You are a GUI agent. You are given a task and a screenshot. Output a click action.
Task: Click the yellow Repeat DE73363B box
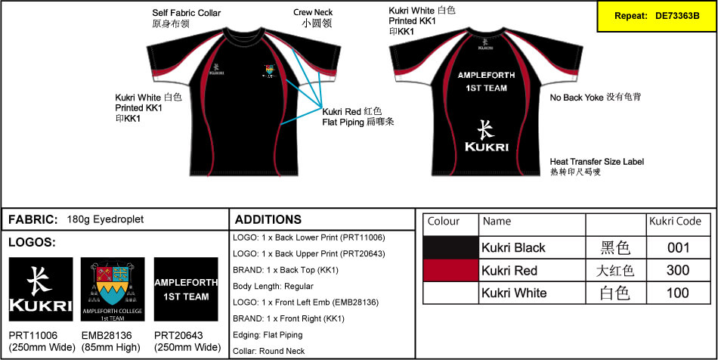tap(656, 16)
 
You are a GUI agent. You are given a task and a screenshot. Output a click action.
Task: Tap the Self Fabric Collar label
tap(186, 18)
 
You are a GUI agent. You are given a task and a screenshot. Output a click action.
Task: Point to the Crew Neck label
tap(313, 18)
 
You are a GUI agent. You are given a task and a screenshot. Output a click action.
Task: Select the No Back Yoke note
tap(596, 98)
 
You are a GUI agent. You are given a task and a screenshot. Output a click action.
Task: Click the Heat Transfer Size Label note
tap(597, 167)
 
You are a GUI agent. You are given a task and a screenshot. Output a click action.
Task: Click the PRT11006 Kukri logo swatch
tap(41, 289)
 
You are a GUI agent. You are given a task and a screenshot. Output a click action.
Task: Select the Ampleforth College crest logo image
tap(113, 289)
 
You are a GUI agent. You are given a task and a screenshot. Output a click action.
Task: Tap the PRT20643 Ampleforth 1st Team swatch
tap(186, 289)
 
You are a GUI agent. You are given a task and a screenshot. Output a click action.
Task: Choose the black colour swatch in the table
tap(450, 247)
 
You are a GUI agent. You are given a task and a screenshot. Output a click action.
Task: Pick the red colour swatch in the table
tap(450, 270)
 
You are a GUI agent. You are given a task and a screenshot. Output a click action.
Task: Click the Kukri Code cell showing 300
tap(679, 270)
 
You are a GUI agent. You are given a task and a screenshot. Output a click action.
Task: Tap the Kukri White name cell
tap(515, 293)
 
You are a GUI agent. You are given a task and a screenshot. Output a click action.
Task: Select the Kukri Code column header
tap(676, 222)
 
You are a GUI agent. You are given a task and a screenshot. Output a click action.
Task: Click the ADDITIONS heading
tap(268, 220)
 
